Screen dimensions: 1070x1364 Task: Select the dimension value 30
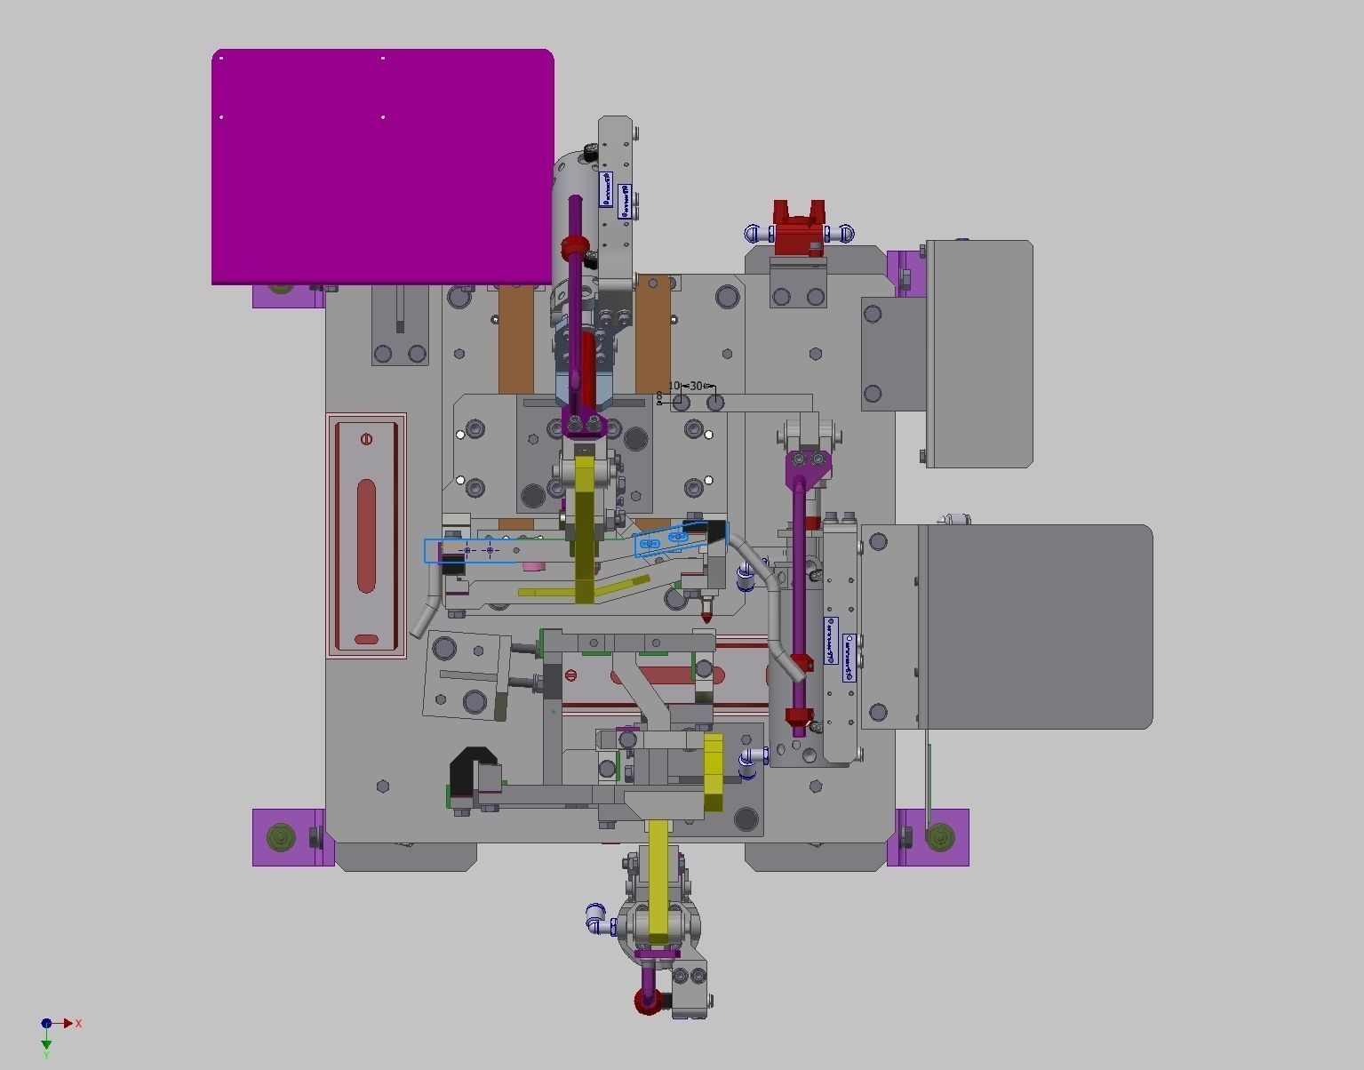pyautogui.click(x=696, y=386)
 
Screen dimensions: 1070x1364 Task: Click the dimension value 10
pyautogui.click(x=674, y=386)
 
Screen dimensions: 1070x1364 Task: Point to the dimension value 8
pyautogui.click(x=659, y=395)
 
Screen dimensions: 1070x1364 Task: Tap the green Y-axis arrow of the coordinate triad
pyautogui.click(x=46, y=1043)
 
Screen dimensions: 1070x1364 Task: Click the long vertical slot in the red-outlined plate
pyautogui.click(x=366, y=535)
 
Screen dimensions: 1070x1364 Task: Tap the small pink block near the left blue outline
pyautogui.click(x=533, y=565)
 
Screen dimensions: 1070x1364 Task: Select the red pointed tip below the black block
pyautogui.click(x=706, y=615)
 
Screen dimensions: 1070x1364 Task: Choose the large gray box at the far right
pyautogui.click(x=1038, y=627)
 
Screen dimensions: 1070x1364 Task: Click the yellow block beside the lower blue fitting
pyautogui.click(x=713, y=771)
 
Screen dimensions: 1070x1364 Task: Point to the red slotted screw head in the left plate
pyautogui.click(x=366, y=439)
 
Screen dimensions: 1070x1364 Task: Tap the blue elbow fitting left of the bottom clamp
pyautogui.click(x=597, y=918)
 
